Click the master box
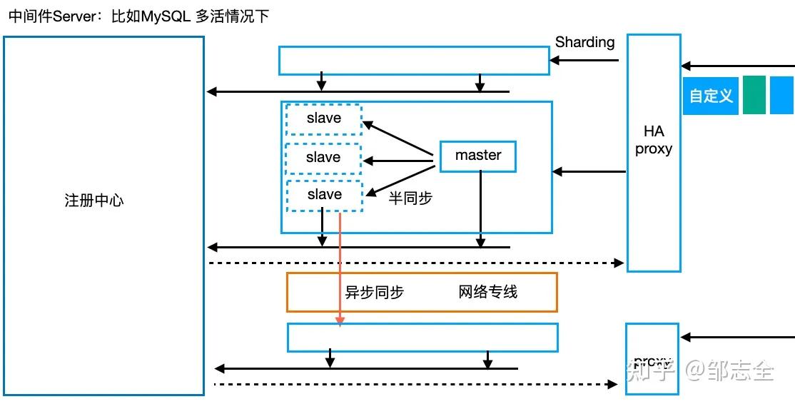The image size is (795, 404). tap(477, 156)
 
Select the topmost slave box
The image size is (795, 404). tap(324, 118)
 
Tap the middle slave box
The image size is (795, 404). tap(323, 158)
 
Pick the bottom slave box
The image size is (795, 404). tap(325, 195)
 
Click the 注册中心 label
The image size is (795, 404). tap(93, 201)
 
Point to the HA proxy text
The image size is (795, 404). tap(654, 140)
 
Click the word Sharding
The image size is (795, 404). tap(584, 42)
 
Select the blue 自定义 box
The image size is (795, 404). tap(711, 96)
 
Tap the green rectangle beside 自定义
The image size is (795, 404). tap(754, 95)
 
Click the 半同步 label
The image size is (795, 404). tap(410, 198)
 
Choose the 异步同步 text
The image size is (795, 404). tap(375, 291)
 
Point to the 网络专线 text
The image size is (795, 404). tap(488, 291)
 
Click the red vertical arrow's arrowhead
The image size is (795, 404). tap(340, 320)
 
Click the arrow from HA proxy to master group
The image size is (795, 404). tap(589, 171)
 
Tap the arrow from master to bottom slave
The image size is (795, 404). tap(400, 179)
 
